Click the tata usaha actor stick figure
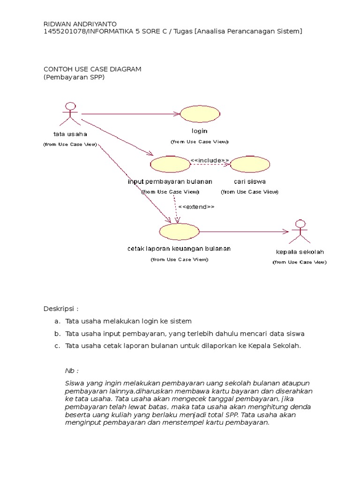pos(70,113)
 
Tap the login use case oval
pos(200,114)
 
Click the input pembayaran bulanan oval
pos(170,164)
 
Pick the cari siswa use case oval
pos(250,164)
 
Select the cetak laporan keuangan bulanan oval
pos(179,231)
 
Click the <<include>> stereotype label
pos(210,161)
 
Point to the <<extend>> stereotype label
pos(196,207)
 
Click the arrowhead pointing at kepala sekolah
pos(286,231)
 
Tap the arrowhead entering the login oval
pos(177,114)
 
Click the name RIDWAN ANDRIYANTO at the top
pos(80,24)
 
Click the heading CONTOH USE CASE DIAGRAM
pos(92,69)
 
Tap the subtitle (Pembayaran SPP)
pos(74,77)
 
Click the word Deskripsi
pos(60,309)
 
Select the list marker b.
pos(57,334)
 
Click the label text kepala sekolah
pos(300,252)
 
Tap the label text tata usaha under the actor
pos(70,135)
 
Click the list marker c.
pos(57,346)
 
